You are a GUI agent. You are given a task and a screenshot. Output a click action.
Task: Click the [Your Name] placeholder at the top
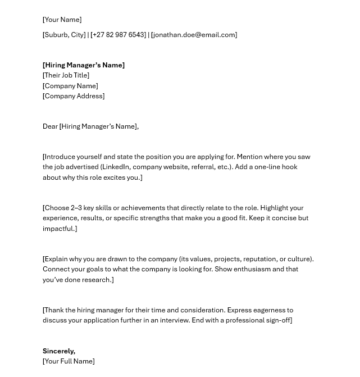[62, 20]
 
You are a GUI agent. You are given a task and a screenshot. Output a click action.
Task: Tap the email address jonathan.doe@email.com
[194, 35]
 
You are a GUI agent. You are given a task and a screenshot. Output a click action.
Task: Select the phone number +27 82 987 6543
[118, 35]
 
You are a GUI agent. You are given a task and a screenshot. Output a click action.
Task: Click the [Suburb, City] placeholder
[64, 35]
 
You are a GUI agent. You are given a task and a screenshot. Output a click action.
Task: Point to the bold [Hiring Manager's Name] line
[84, 65]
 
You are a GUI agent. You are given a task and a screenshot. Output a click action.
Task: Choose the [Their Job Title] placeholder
[66, 75]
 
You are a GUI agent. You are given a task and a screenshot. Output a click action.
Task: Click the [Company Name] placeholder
[70, 86]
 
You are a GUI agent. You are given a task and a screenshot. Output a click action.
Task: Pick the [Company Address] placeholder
[74, 96]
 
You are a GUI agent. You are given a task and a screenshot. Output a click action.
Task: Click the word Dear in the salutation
[50, 126]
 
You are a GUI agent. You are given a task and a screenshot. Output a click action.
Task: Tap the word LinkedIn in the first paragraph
[116, 167]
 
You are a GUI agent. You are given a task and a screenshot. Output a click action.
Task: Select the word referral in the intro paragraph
[203, 167]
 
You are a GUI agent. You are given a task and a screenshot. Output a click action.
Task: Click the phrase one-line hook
[276, 167]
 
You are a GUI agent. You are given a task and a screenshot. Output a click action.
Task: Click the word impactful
[58, 229]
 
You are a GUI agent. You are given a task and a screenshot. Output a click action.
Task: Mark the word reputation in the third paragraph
[259, 259]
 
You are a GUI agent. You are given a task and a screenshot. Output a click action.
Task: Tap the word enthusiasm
[250, 269]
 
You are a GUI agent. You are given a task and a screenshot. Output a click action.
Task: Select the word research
[96, 280]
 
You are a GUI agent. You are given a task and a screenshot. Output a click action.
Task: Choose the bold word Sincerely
[58, 351]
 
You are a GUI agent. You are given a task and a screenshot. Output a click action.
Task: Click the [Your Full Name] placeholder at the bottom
[69, 361]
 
